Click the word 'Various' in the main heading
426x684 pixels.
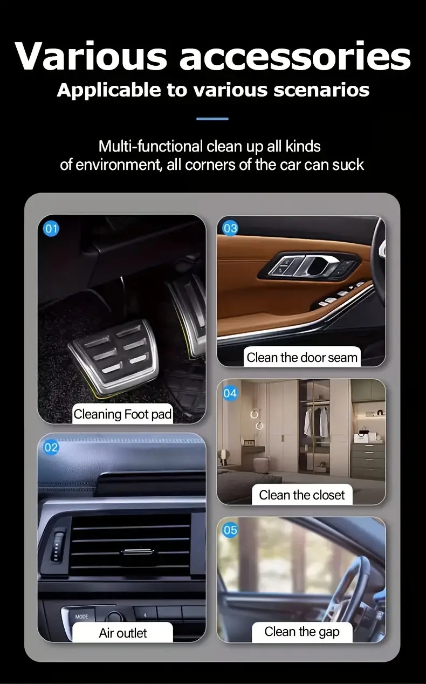point(91,56)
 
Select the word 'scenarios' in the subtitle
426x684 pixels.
point(321,90)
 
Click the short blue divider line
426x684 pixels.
point(212,119)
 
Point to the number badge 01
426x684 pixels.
point(51,229)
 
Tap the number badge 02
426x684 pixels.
point(51,447)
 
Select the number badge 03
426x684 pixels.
point(230,228)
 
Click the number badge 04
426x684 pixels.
point(230,393)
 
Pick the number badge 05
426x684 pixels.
point(230,530)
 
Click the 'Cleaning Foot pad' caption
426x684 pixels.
point(122,414)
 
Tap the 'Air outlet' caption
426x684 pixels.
point(122,633)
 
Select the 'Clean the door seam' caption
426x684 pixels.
point(302,357)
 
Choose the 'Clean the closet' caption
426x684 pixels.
point(302,495)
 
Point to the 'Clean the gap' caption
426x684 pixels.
point(302,632)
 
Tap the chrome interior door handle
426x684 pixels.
point(318,264)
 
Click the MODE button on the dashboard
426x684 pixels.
point(81,617)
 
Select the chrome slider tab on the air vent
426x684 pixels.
point(136,551)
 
